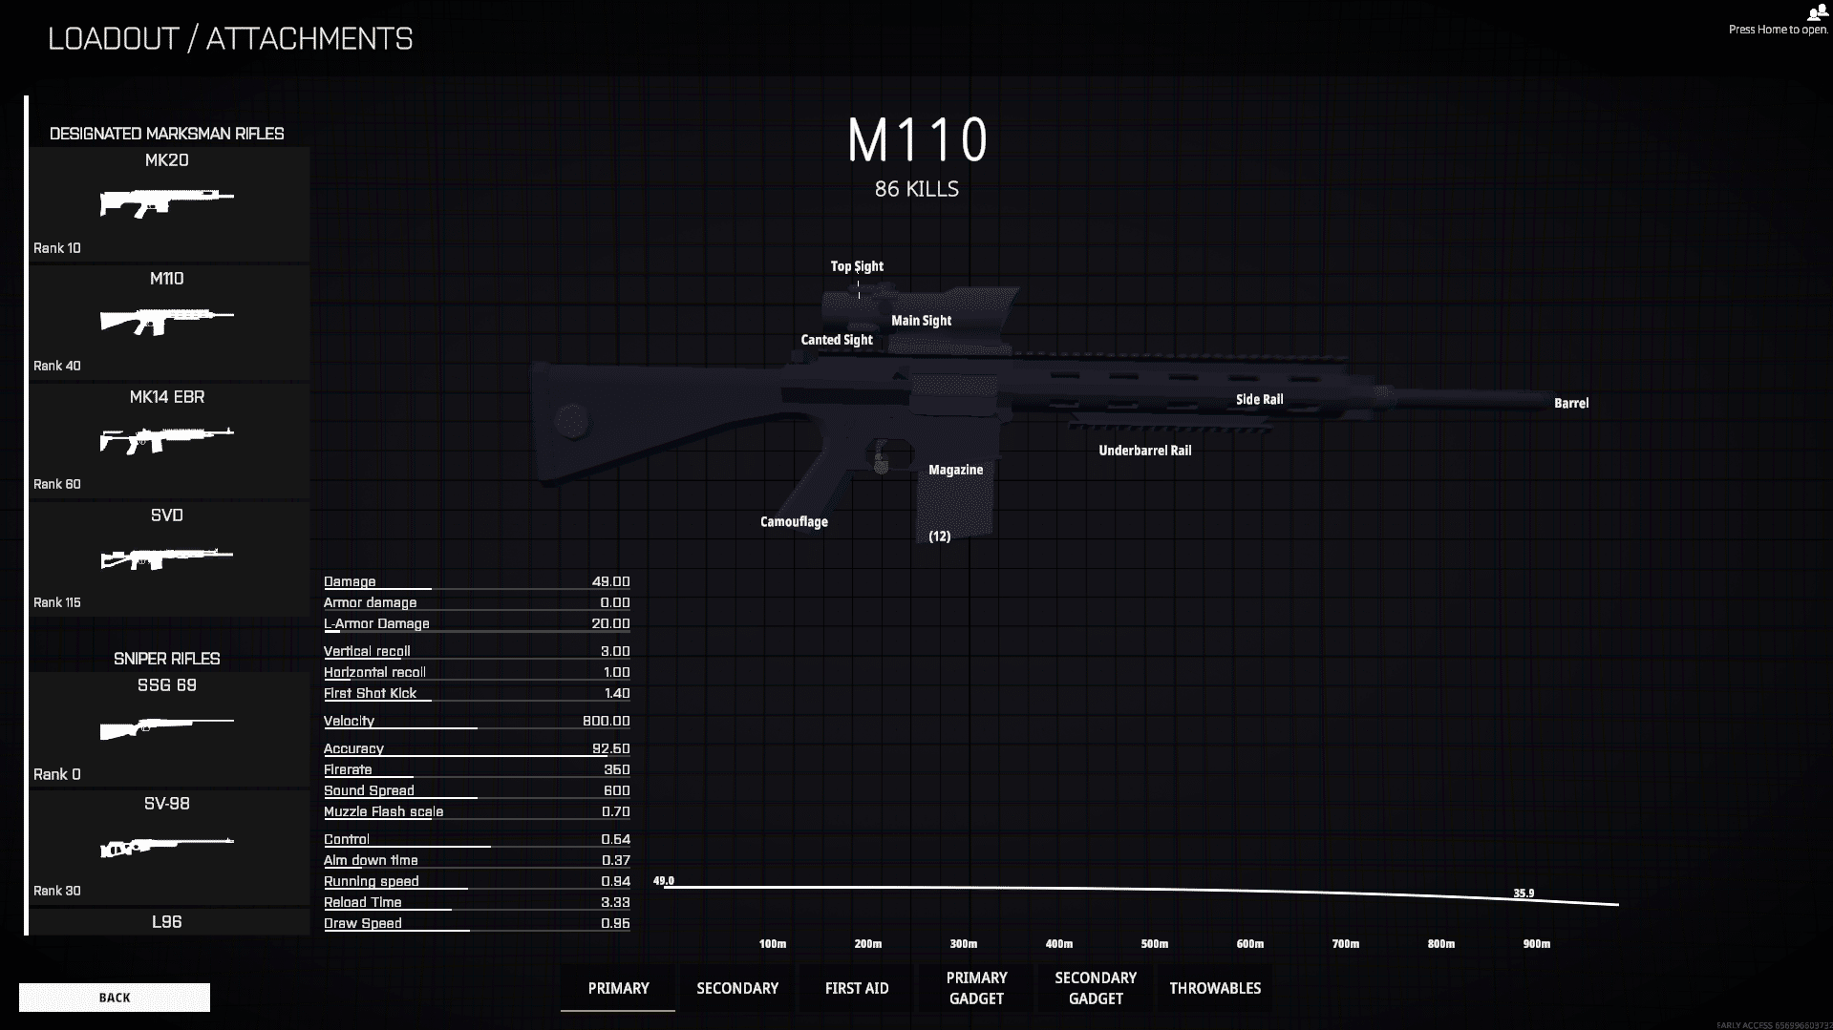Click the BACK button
click(x=115, y=998)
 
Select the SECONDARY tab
click(x=737, y=988)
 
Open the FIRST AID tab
click(x=857, y=988)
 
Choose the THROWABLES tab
click(x=1215, y=988)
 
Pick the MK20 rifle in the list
click(x=167, y=203)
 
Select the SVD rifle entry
click(x=167, y=558)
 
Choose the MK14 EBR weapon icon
click(x=167, y=440)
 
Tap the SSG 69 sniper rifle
click(x=167, y=728)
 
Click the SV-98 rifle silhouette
click(x=167, y=847)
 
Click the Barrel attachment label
click(x=1571, y=404)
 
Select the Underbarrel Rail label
click(x=1145, y=451)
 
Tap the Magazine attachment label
click(x=956, y=470)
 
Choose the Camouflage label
click(x=794, y=521)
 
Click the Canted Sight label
click(x=837, y=340)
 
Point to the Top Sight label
click(x=857, y=266)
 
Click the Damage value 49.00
click(x=611, y=581)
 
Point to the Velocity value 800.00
click(x=607, y=721)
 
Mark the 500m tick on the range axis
click(x=1155, y=944)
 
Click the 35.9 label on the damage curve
click(x=1524, y=893)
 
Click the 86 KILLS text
click(x=917, y=189)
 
